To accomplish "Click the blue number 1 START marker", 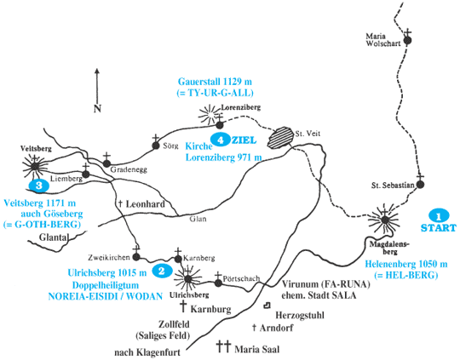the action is pos(439,216).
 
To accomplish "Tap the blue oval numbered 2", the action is pos(162,271).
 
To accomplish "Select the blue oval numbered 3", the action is pos(38,186).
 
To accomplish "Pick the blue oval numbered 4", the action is pos(221,140).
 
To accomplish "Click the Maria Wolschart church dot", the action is pos(407,41).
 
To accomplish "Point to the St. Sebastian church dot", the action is pos(421,185).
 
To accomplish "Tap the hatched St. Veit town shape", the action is pos(280,137).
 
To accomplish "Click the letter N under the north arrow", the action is pos(97,109).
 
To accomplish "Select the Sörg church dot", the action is pos(156,146).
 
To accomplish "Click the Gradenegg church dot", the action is pos(106,164).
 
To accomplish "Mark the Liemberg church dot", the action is pos(86,174).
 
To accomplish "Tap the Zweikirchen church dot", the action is pos(136,257).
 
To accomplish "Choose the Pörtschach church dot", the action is pos(218,283).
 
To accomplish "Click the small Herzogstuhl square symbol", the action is pos(267,306).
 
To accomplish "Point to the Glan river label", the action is pos(198,219).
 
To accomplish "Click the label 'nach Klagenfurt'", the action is pos(147,352).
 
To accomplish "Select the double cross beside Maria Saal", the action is pos(223,346).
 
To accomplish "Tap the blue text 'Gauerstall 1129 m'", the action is pos(215,81).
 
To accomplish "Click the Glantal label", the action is pos(54,237).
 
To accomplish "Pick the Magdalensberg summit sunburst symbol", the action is pos(384,220).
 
